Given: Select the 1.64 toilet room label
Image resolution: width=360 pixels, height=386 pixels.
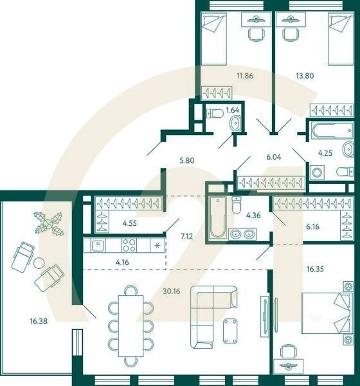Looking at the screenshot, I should (233, 110).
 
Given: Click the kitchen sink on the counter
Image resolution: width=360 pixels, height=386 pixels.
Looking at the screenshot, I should (98, 246).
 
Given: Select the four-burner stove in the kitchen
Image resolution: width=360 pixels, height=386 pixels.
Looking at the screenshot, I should (129, 246).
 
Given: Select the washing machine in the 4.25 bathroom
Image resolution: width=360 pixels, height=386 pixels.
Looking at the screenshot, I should (318, 172).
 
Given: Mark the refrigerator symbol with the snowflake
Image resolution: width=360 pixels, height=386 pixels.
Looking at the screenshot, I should (157, 246).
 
